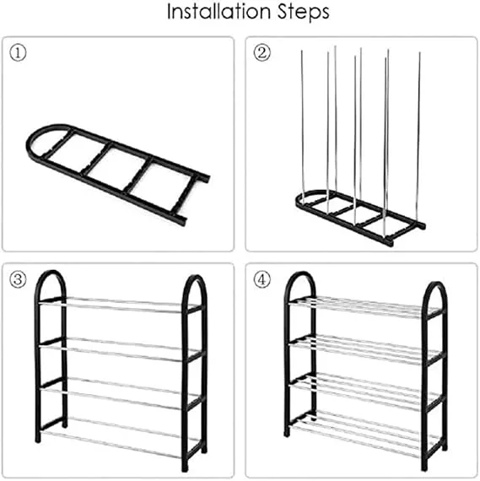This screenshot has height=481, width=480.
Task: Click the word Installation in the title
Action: coord(218,12)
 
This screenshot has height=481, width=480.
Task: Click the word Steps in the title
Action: coord(304,13)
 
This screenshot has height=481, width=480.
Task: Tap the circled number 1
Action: coord(18,53)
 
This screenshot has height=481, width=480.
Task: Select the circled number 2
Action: coord(262,53)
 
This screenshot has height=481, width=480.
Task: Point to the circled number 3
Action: coord(18,279)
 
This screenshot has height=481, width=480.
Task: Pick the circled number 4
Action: coord(262,279)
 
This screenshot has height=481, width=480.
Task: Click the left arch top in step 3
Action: coord(51,273)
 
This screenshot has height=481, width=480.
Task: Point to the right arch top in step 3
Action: coord(195,277)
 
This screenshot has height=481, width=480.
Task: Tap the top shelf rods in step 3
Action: coord(122,305)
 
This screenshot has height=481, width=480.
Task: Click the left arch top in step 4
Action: coord(300,274)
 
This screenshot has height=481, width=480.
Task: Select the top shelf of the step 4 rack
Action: coord(365,307)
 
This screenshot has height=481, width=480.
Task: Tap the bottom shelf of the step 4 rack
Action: coord(365,434)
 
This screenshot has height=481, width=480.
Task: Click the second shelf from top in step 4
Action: coord(365,349)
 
